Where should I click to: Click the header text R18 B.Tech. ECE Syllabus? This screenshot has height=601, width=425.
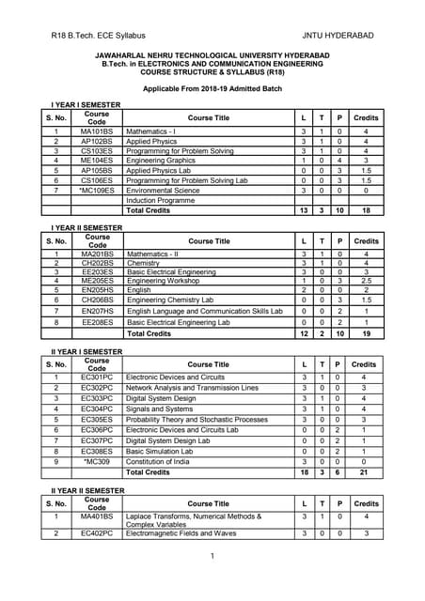(99, 35)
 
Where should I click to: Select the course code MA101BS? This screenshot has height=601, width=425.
(97, 131)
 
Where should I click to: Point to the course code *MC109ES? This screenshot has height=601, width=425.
(97, 190)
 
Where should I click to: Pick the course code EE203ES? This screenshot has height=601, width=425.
(97, 270)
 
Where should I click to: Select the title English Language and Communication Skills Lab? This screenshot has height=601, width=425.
(204, 310)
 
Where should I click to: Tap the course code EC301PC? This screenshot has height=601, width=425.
(97, 378)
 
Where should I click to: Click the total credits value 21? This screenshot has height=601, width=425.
(365, 472)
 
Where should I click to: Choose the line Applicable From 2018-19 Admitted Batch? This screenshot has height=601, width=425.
(212, 87)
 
